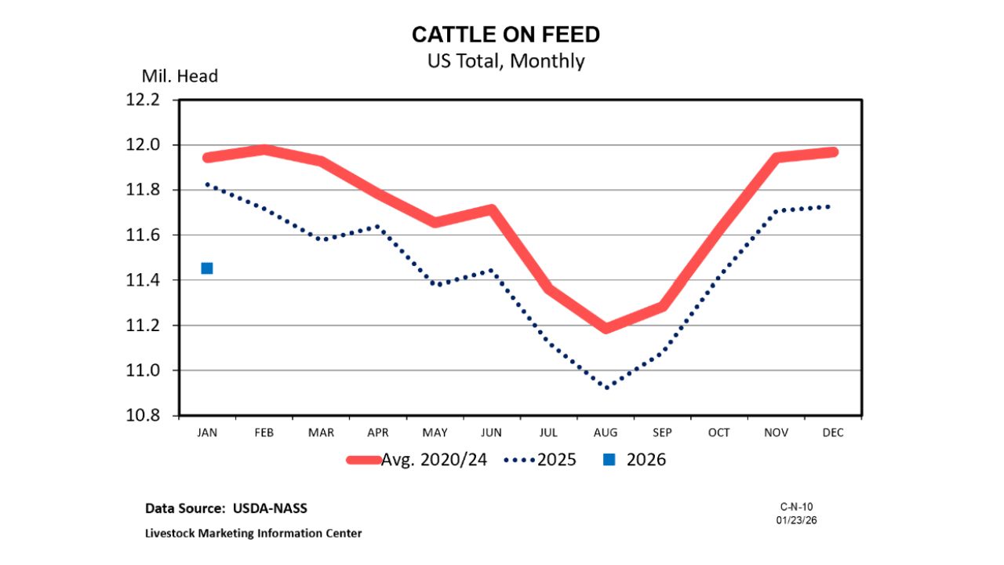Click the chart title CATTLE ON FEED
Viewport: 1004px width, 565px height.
click(506, 35)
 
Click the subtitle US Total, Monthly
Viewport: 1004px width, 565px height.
click(506, 60)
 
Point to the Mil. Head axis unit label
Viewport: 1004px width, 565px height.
click(180, 76)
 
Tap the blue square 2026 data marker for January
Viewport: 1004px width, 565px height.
click(207, 268)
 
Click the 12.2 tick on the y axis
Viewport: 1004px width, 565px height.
click(144, 100)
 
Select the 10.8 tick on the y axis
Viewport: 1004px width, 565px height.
click(144, 416)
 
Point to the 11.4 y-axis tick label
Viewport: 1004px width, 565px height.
click(144, 280)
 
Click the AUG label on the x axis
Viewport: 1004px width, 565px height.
click(606, 432)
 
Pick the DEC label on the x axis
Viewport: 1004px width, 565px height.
click(833, 432)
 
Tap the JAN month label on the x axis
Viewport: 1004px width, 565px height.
click(207, 432)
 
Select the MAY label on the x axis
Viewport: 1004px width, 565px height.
click(435, 432)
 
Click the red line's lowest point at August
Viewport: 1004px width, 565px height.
click(606, 328)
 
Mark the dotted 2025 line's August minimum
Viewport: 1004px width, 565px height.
click(606, 387)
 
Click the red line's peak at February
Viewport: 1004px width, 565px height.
click(264, 149)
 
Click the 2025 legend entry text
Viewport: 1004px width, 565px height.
click(556, 460)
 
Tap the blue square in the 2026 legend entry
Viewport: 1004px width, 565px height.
click(609, 460)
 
